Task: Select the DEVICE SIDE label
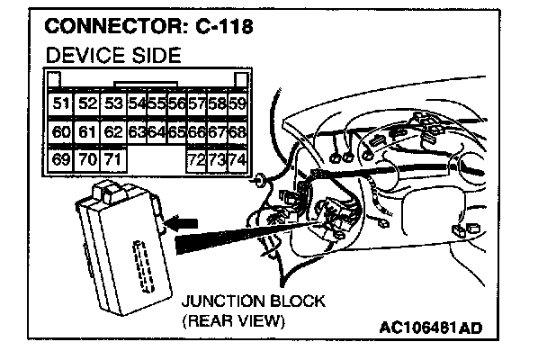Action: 112,55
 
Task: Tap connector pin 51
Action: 61,104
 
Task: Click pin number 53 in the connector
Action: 112,104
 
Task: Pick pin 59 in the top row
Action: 238,104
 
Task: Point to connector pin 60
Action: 61,133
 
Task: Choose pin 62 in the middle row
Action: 112,133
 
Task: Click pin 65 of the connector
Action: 176,133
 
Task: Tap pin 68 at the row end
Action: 238,133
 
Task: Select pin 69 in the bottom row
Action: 61,162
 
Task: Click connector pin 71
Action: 112,162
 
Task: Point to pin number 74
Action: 238,162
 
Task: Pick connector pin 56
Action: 176,104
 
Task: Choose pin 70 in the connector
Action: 87,162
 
